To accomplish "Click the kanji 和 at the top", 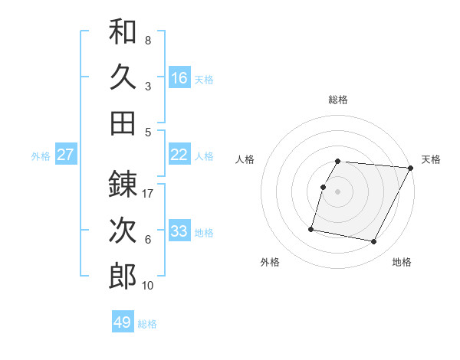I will [123, 32].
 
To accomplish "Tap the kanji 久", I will [123, 77].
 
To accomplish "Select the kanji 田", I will [123, 123].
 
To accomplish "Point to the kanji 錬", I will [123, 184].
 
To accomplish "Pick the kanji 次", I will [123, 231].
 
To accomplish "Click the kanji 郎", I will [123, 276].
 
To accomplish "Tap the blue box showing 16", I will [179, 77].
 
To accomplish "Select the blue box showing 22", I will [179, 155].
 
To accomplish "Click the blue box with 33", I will [179, 231].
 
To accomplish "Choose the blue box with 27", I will [66, 155].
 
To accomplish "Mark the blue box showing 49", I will [123, 322].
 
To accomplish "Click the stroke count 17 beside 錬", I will [149, 194].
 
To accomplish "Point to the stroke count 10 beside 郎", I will [149, 286].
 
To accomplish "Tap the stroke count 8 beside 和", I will [148, 40].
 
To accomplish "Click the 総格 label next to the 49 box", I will [147, 324].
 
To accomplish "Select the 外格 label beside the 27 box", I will [41, 156].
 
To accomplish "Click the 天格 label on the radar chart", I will [431, 159].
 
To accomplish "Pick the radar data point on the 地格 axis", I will [374, 242].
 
